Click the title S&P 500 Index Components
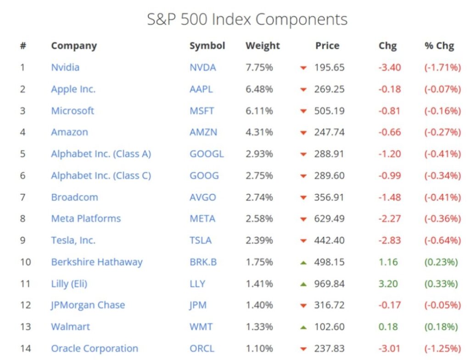point(247,20)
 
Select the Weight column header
point(263,46)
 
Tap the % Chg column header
point(439,46)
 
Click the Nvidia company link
point(65,67)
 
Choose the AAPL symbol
point(201,89)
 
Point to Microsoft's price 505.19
point(329,111)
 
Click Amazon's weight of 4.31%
point(259,132)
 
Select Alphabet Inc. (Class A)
point(101,154)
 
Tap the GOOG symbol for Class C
point(204,176)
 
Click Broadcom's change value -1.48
point(390,197)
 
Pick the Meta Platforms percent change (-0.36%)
point(442,219)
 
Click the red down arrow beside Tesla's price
point(303,241)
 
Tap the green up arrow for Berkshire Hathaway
point(303,262)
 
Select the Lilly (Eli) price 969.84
point(329,284)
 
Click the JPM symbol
point(198,305)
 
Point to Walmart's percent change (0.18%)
point(441,327)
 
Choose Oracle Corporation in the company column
point(95,349)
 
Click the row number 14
point(25,349)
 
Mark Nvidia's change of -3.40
point(390,67)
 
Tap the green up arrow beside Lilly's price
point(303,284)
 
